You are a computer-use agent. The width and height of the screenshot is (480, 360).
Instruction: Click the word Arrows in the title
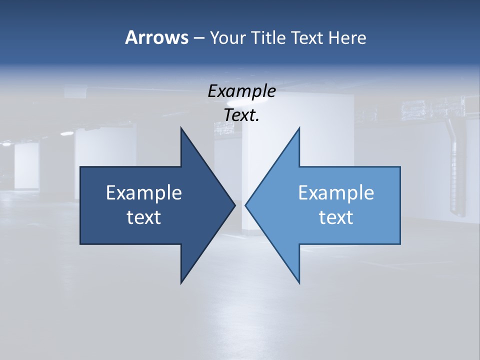[156, 37]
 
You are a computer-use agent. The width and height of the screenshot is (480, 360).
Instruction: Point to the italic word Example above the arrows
[241, 91]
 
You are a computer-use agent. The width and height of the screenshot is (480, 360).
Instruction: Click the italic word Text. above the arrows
[241, 115]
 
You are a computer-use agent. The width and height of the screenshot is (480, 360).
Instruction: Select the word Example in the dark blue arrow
[144, 193]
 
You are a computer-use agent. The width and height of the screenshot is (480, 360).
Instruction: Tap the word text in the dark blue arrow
[144, 217]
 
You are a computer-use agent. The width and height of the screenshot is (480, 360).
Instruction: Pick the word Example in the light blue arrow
[336, 193]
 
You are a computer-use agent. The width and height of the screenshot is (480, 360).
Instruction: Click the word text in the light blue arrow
[336, 217]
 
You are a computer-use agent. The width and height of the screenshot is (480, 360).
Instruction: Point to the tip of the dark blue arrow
[235, 205]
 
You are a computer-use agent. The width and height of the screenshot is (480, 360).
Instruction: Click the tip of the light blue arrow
[245, 205]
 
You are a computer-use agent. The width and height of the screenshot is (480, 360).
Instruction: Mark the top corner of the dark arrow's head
[181, 128]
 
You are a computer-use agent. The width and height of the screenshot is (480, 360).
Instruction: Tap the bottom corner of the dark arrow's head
[181, 283]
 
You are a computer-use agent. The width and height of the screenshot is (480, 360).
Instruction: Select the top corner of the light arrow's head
[299, 128]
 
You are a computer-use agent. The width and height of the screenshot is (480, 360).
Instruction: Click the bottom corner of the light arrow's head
[299, 283]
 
